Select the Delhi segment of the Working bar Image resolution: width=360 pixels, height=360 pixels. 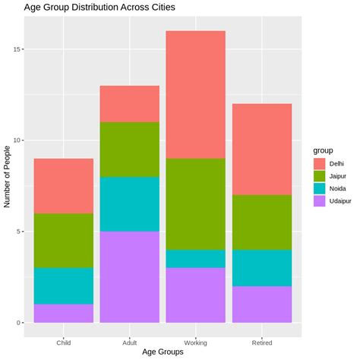(x=196, y=95)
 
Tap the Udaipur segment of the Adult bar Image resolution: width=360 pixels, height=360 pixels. (x=130, y=277)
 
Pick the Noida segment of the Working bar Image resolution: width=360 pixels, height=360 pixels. (x=196, y=259)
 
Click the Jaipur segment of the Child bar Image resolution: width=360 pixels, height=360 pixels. (x=64, y=241)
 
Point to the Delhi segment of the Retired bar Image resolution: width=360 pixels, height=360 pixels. (x=262, y=150)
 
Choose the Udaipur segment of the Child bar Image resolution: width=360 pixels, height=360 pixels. (x=64, y=314)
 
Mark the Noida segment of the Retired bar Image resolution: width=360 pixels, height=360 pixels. (x=262, y=268)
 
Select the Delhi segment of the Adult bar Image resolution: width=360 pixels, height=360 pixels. (x=130, y=104)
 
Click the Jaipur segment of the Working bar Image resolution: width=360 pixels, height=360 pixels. (x=196, y=204)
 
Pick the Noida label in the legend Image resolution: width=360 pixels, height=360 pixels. (x=338, y=189)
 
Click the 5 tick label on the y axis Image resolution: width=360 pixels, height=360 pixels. (x=19, y=232)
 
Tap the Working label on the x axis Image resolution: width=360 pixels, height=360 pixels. (x=196, y=343)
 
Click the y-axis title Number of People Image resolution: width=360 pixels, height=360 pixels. (x=7, y=177)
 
